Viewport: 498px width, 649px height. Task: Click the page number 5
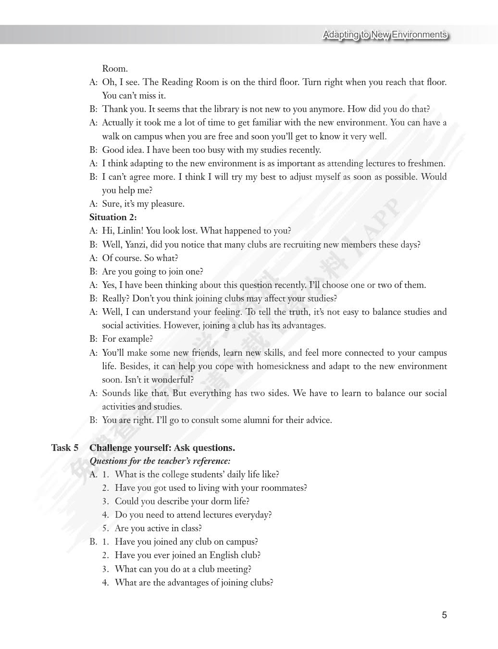click(x=444, y=615)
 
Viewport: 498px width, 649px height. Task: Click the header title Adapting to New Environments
click(x=385, y=35)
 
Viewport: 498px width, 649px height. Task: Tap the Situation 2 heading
click(x=113, y=217)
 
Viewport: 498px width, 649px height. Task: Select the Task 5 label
click(x=65, y=448)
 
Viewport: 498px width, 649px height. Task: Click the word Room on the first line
click(x=114, y=69)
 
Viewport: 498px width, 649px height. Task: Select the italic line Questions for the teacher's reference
click(x=160, y=461)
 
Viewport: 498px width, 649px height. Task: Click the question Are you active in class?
click(x=158, y=528)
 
